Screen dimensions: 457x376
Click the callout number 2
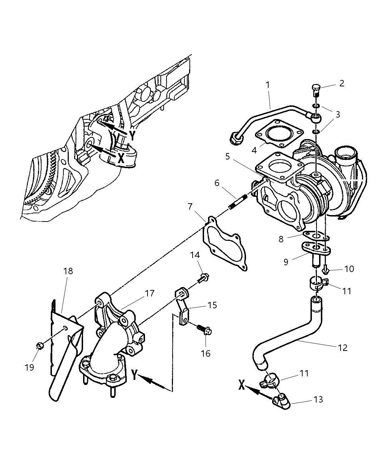coord(341,84)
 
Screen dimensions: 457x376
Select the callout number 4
coord(254,150)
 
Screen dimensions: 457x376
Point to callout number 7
coord(190,207)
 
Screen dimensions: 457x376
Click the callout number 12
coord(342,347)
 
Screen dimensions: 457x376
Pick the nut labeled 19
coord(40,346)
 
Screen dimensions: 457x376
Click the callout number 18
coord(68,271)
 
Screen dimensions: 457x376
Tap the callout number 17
coord(149,293)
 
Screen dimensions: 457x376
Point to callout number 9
coord(285,262)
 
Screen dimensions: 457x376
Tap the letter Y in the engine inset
coord(132,135)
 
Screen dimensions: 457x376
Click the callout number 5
coord(227,157)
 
